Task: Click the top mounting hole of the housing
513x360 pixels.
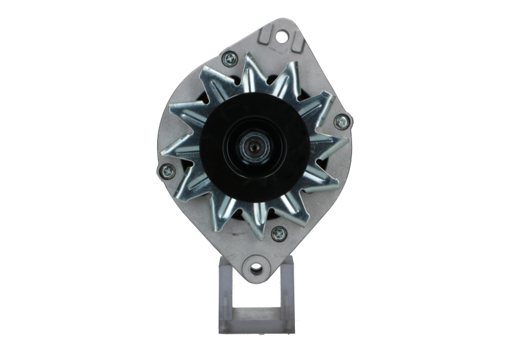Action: click(x=281, y=34)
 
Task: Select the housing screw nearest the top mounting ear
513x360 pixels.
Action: click(x=228, y=60)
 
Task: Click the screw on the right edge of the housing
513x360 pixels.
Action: click(x=342, y=119)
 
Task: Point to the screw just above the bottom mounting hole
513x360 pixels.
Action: click(x=278, y=232)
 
